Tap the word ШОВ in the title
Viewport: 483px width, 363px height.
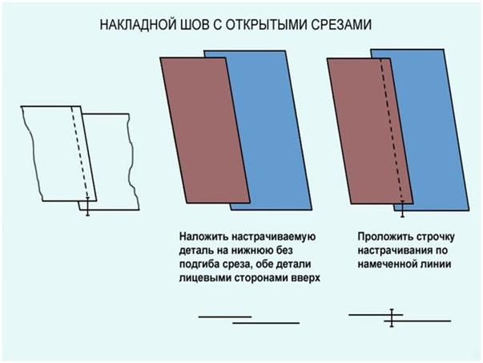(x=193, y=25)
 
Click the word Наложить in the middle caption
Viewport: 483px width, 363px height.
(x=203, y=237)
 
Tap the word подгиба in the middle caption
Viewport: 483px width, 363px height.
(x=200, y=265)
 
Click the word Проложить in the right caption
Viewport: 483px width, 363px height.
(x=384, y=237)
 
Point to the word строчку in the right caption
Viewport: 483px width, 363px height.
(x=435, y=237)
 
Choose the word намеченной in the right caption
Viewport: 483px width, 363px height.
(x=389, y=264)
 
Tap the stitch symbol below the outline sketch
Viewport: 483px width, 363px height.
(x=88, y=207)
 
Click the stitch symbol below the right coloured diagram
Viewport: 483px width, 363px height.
(x=402, y=208)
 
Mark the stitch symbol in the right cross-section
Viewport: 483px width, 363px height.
(x=392, y=317)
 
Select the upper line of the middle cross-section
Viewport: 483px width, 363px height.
(x=225, y=317)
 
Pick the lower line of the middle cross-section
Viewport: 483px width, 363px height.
(x=266, y=323)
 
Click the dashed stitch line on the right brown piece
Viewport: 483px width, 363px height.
(x=392, y=130)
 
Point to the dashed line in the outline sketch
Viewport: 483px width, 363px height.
(x=80, y=152)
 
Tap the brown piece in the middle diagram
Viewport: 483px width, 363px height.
(x=205, y=131)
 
